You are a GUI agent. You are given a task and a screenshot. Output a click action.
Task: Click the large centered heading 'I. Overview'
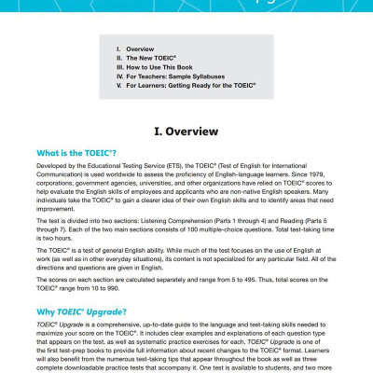[x=186, y=130]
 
